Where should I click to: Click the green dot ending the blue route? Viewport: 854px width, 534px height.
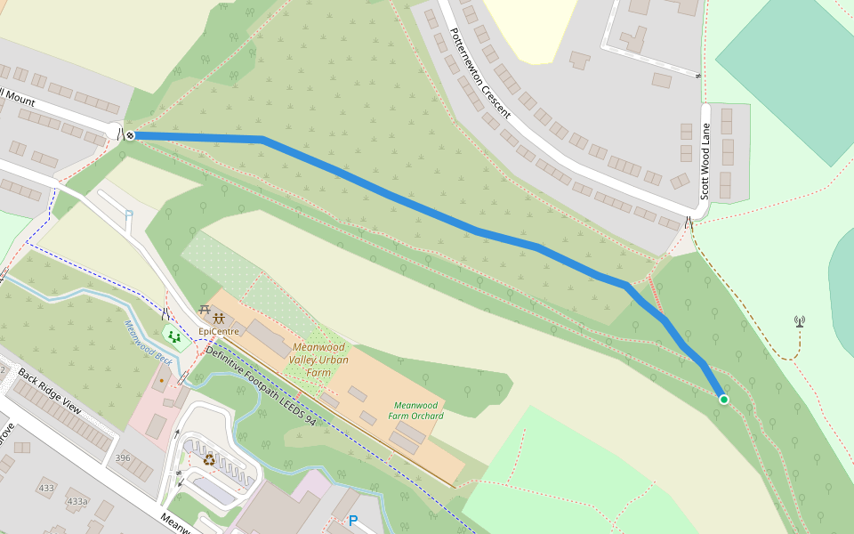(724, 400)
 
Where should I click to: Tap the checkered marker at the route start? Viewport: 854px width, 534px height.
(130, 135)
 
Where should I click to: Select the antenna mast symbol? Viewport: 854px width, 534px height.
(799, 321)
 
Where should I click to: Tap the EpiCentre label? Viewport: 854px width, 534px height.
(219, 332)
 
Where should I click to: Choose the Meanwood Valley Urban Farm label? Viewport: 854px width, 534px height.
(318, 360)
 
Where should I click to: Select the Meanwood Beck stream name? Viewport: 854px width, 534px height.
(148, 342)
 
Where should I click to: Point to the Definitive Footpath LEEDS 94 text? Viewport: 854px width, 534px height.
(260, 384)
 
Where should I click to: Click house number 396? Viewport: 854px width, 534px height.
(123, 457)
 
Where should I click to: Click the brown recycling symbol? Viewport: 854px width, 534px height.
(209, 460)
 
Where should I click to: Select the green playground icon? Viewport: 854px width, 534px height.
(173, 336)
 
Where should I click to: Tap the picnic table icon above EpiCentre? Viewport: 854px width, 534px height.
(212, 316)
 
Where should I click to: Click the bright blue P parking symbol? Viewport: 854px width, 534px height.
(353, 521)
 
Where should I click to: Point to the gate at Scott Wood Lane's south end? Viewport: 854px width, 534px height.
(689, 222)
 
